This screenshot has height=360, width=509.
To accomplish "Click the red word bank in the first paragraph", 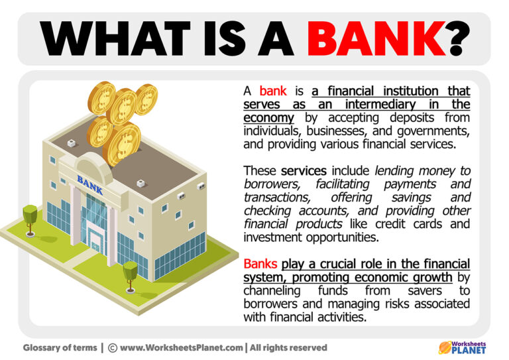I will click(272, 91).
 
